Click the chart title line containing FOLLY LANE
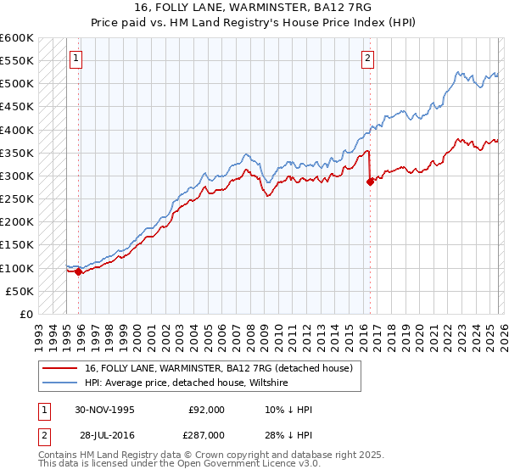click(x=254, y=8)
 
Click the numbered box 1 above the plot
click(x=76, y=59)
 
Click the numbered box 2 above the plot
click(x=367, y=59)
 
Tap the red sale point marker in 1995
click(x=79, y=272)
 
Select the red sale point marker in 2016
click(x=370, y=182)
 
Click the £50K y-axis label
click(x=20, y=291)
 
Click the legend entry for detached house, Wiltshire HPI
click(x=187, y=383)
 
